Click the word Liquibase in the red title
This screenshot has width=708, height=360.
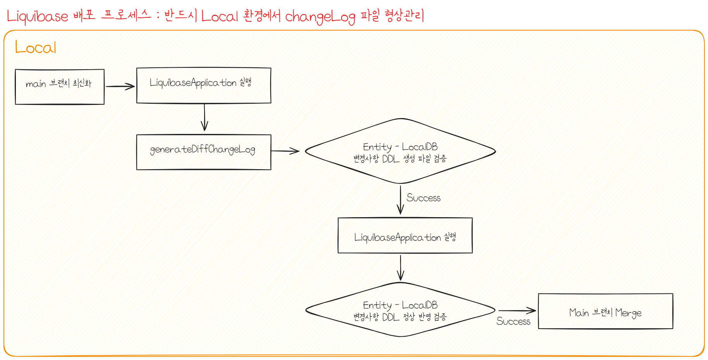[x=37, y=16]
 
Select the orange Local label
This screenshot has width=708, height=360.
[x=36, y=48]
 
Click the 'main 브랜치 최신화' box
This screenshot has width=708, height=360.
[x=60, y=87]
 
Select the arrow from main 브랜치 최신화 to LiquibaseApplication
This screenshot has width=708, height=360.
[x=120, y=86]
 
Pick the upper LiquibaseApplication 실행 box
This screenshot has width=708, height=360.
[x=204, y=86]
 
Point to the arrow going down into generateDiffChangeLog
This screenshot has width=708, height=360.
[x=204, y=118]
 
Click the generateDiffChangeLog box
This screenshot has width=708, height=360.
[x=204, y=152]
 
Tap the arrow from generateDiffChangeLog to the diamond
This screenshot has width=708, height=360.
[x=285, y=151]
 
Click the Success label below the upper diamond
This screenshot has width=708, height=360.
[x=423, y=198]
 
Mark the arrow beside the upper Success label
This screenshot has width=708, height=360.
[x=400, y=200]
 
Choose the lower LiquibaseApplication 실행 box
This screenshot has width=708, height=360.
[x=405, y=235]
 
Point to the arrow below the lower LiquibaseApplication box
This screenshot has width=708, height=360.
[x=401, y=267]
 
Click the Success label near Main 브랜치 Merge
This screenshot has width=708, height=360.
[x=513, y=321]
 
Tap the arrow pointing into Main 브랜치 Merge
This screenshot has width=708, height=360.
[x=517, y=310]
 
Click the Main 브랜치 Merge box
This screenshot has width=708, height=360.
[x=605, y=311]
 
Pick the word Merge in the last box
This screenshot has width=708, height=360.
[x=628, y=313]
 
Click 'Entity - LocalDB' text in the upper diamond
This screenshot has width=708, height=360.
[x=400, y=147]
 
